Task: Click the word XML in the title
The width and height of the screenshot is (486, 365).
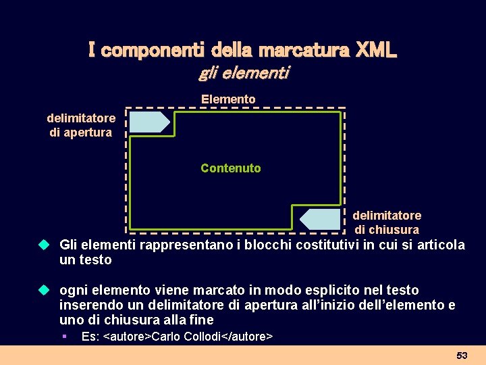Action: pyautogui.click(x=376, y=51)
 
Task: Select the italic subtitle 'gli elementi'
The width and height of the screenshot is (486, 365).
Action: pyautogui.click(x=243, y=73)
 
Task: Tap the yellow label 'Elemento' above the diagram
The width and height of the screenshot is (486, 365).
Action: pyautogui.click(x=228, y=99)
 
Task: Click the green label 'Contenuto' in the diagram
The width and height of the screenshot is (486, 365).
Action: pyautogui.click(x=230, y=168)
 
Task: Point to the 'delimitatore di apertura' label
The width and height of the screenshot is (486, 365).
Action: pyautogui.click(x=81, y=125)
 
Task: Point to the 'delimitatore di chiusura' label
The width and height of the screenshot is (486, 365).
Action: pyautogui.click(x=387, y=222)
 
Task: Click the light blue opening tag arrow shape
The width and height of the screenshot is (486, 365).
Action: pyautogui.click(x=149, y=122)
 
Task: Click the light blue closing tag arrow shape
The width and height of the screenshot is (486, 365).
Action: pyautogui.click(x=320, y=219)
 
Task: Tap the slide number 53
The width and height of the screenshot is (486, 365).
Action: pyautogui.click(x=462, y=355)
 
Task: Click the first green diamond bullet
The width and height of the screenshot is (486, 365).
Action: pyautogui.click(x=44, y=244)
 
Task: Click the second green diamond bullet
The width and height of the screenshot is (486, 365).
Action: pyautogui.click(x=44, y=289)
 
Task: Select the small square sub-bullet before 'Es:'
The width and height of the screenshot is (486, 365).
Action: pyautogui.click(x=63, y=336)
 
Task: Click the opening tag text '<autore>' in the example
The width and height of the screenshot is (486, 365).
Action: pyautogui.click(x=127, y=336)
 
